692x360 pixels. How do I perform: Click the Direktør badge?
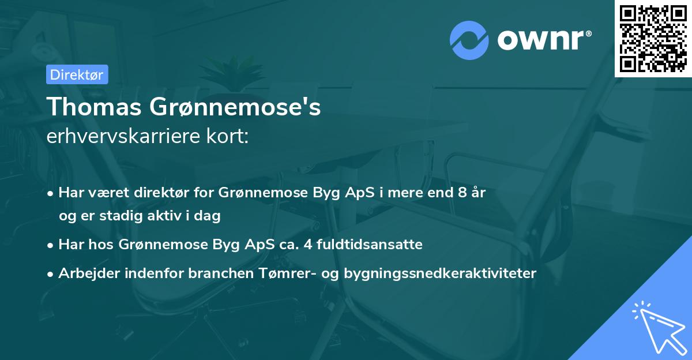pos(77,74)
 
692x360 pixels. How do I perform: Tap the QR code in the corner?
pos(652,38)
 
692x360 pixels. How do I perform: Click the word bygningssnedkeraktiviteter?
pos(440,273)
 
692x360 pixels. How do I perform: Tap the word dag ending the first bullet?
pos(209,216)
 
